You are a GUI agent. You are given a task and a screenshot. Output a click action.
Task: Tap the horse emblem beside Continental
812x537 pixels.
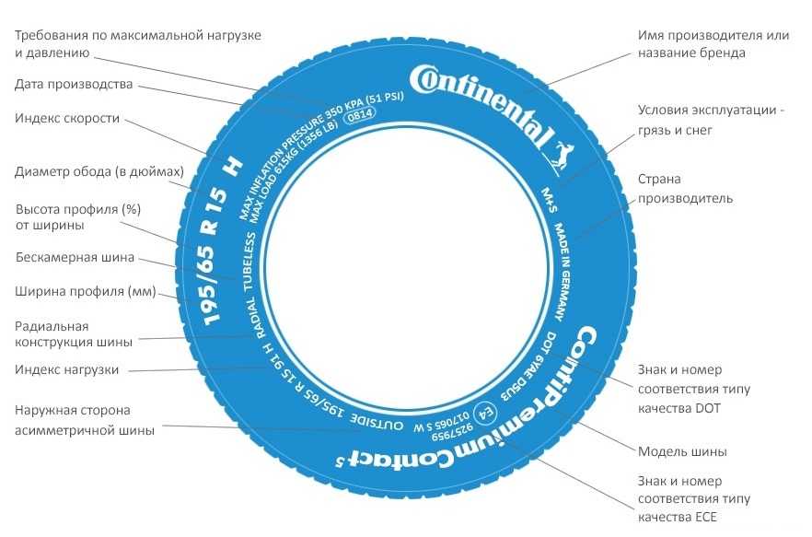pyautogui.click(x=563, y=156)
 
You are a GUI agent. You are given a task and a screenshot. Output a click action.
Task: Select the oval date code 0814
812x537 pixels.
pyautogui.click(x=360, y=115)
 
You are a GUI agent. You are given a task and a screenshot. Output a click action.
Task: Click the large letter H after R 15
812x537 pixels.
pyautogui.click(x=233, y=167)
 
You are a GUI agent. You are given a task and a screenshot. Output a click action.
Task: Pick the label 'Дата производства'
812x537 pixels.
pyautogui.click(x=74, y=85)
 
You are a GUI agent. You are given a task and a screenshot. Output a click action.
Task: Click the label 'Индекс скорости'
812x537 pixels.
pyautogui.click(x=67, y=119)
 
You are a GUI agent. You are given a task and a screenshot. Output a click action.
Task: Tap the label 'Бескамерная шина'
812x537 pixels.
pyautogui.click(x=75, y=257)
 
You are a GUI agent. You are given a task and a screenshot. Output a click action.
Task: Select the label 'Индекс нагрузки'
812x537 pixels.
pyautogui.click(x=67, y=369)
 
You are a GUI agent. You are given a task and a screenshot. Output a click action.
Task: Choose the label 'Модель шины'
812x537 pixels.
pyautogui.click(x=682, y=451)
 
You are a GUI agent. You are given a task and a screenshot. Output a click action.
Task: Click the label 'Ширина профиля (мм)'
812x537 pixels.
pyautogui.click(x=86, y=291)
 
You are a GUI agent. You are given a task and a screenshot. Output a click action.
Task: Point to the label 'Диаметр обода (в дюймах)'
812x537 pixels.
pyautogui.click(x=99, y=171)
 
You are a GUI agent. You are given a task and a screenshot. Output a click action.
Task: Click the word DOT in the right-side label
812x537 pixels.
pyautogui.click(x=708, y=408)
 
